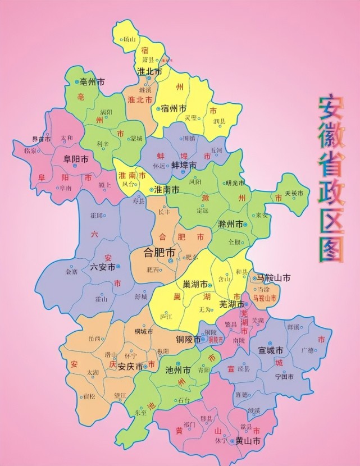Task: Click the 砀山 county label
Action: tap(130, 39)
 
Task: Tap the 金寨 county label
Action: tap(71, 271)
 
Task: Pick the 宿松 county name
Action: tap(89, 396)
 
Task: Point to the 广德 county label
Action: tap(307, 351)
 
